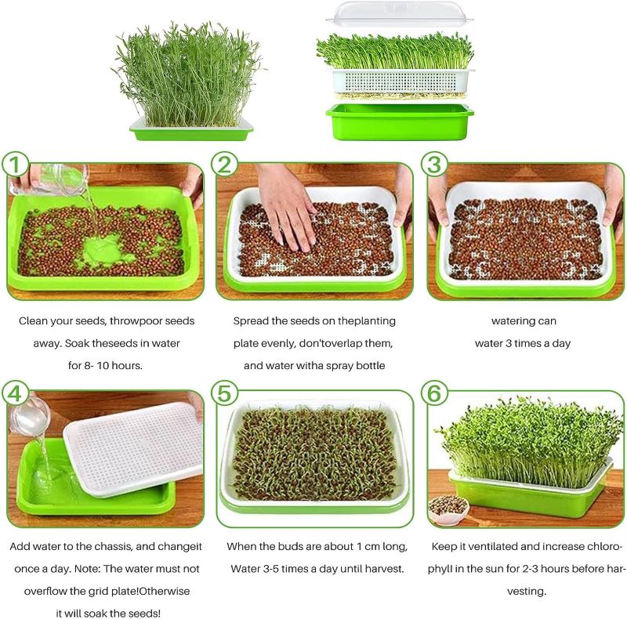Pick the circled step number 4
point(16,393)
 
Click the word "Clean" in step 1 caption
point(34,321)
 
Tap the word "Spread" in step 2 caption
point(252,321)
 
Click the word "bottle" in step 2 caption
point(373,366)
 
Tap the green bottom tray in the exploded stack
point(400,121)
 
